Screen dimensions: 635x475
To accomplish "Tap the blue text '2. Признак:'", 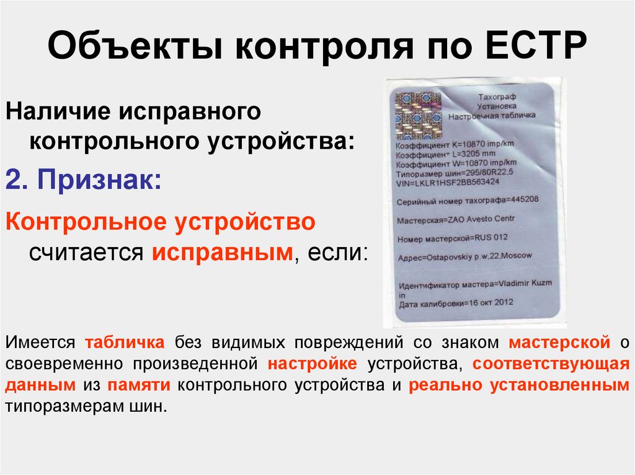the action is (x=84, y=179).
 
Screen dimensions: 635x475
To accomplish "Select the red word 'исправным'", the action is (x=223, y=253).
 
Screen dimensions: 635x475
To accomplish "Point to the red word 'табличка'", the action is (x=125, y=342).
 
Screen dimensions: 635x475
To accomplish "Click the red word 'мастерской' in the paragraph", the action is (x=559, y=342).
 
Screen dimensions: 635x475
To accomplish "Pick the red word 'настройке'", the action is (x=313, y=364).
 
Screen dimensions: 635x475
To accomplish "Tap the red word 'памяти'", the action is (x=138, y=385).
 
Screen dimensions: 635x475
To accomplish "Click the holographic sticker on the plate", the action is (x=419, y=115).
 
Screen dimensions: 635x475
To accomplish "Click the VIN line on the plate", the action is (x=448, y=183).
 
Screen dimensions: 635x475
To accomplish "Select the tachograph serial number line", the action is (x=468, y=201).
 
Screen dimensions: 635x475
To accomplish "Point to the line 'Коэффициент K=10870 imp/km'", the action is (x=455, y=144).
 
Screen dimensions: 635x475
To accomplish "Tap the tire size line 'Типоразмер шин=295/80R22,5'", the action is (x=455, y=173).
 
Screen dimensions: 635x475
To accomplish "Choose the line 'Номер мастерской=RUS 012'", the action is (x=452, y=238).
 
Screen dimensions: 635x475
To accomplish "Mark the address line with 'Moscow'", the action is (x=465, y=257).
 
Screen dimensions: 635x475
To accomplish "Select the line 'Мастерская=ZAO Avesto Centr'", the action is (x=456, y=220).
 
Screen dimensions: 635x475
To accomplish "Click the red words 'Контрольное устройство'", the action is (x=161, y=222).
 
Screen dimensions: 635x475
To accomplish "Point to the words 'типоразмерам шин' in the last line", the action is (x=86, y=406).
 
